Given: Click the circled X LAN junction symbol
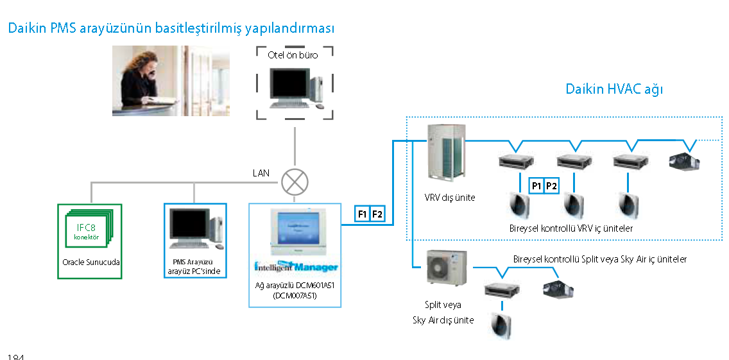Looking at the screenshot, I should click(x=295, y=182).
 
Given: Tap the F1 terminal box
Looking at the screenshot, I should click(x=362, y=214).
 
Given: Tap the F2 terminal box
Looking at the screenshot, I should click(x=377, y=214).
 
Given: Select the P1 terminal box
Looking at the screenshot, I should click(x=536, y=185).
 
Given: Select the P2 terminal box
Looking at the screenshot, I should click(x=551, y=185).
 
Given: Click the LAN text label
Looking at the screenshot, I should click(x=261, y=173).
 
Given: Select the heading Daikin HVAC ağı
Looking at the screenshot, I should click(x=613, y=89).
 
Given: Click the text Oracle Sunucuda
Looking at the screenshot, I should click(x=90, y=262).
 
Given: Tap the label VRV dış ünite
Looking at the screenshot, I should click(x=449, y=198).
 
